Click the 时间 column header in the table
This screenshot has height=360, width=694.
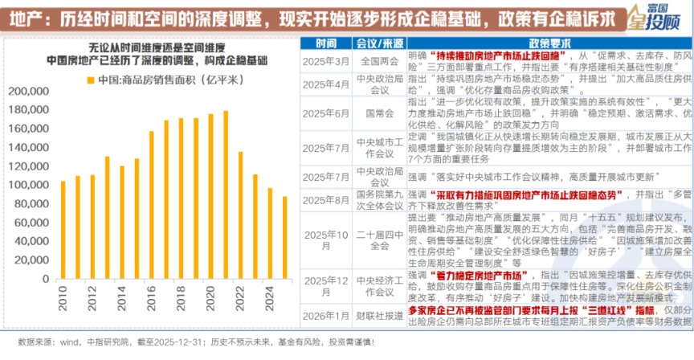pos(327,42)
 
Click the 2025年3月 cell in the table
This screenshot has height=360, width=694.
pos(327,59)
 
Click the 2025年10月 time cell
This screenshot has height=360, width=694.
pos(327,239)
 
